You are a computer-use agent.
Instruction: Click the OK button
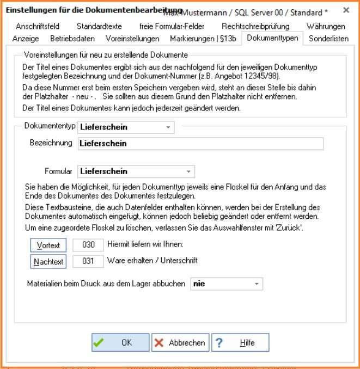pyautogui.click(x=120, y=343)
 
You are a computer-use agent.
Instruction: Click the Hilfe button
pyautogui.click(x=233, y=343)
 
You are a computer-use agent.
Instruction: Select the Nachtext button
pyautogui.click(x=49, y=262)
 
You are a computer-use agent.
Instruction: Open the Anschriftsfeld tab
pyautogui.click(x=38, y=26)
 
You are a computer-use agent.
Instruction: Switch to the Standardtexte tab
pyautogui.click(x=99, y=26)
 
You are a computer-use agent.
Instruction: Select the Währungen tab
pyautogui.click(x=326, y=26)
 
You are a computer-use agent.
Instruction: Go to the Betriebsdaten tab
pyautogui.click(x=72, y=39)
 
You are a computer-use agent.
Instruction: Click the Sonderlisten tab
pyautogui.click(x=328, y=39)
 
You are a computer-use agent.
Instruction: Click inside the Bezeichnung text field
pyautogui.click(x=200, y=144)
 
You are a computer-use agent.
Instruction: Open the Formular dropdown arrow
pyautogui.click(x=188, y=171)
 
